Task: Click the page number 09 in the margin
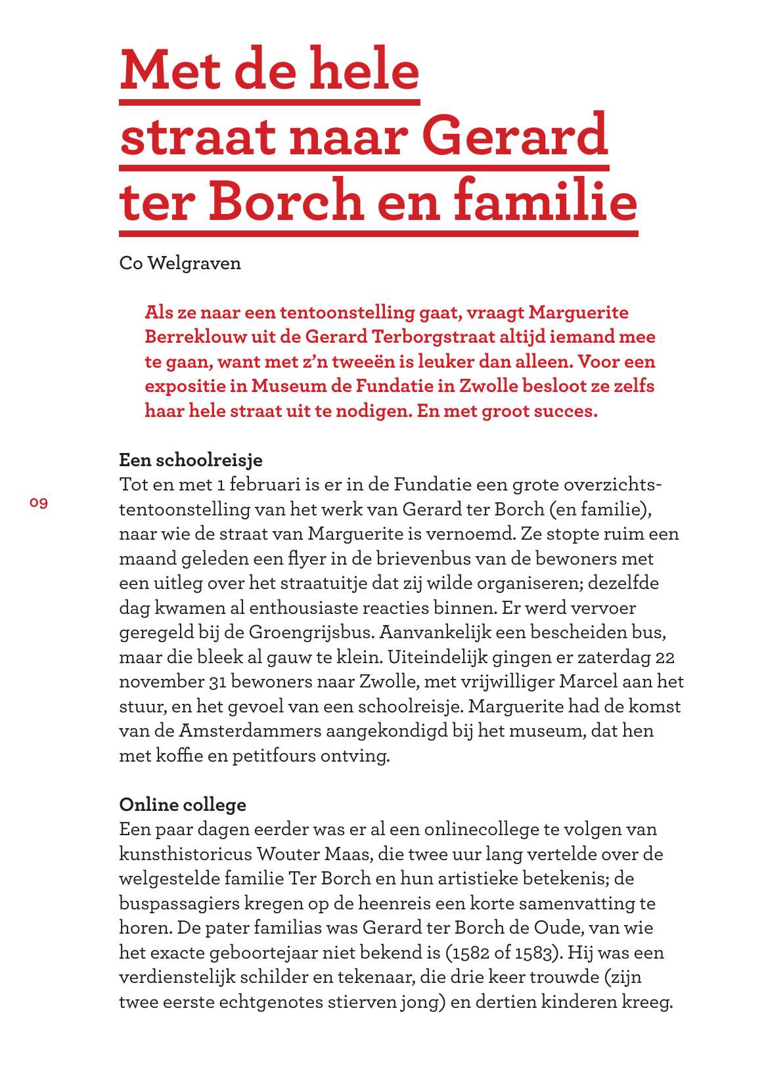(39, 503)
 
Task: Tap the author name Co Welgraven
(180, 263)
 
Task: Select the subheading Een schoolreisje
(191, 460)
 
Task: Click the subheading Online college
(183, 804)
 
